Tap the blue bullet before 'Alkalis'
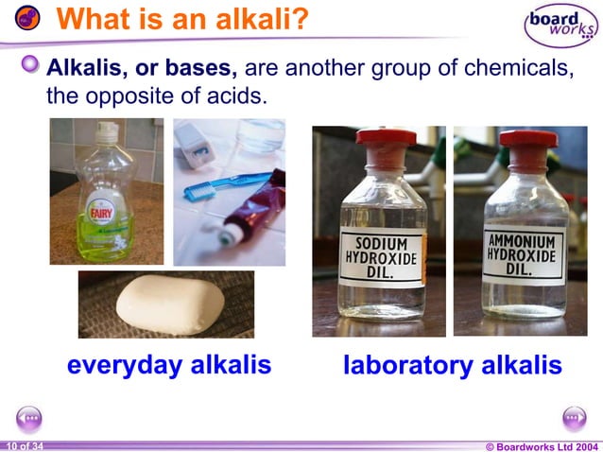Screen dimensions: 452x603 click(32, 65)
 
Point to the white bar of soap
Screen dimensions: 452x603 click(170, 304)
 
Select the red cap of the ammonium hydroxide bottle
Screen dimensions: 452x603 click(527, 139)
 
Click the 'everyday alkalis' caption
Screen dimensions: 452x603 click(169, 365)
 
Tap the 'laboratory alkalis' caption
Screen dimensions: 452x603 click(452, 365)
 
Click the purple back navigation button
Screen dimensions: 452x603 click(29, 417)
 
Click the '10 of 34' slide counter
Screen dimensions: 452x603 click(24, 445)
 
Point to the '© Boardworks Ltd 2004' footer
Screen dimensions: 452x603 click(541, 445)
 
